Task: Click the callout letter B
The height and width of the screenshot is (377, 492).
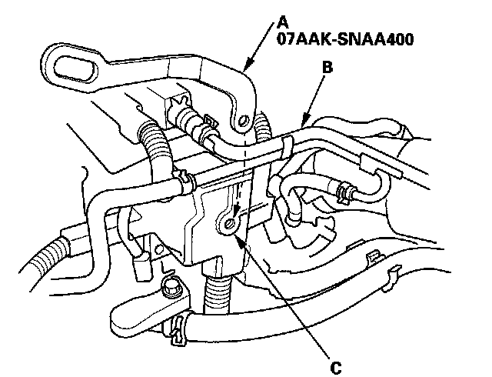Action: point(327,68)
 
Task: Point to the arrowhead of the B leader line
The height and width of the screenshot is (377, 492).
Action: point(302,123)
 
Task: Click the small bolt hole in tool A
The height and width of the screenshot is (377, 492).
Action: point(243,120)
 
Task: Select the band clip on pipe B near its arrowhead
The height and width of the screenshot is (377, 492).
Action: point(286,145)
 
